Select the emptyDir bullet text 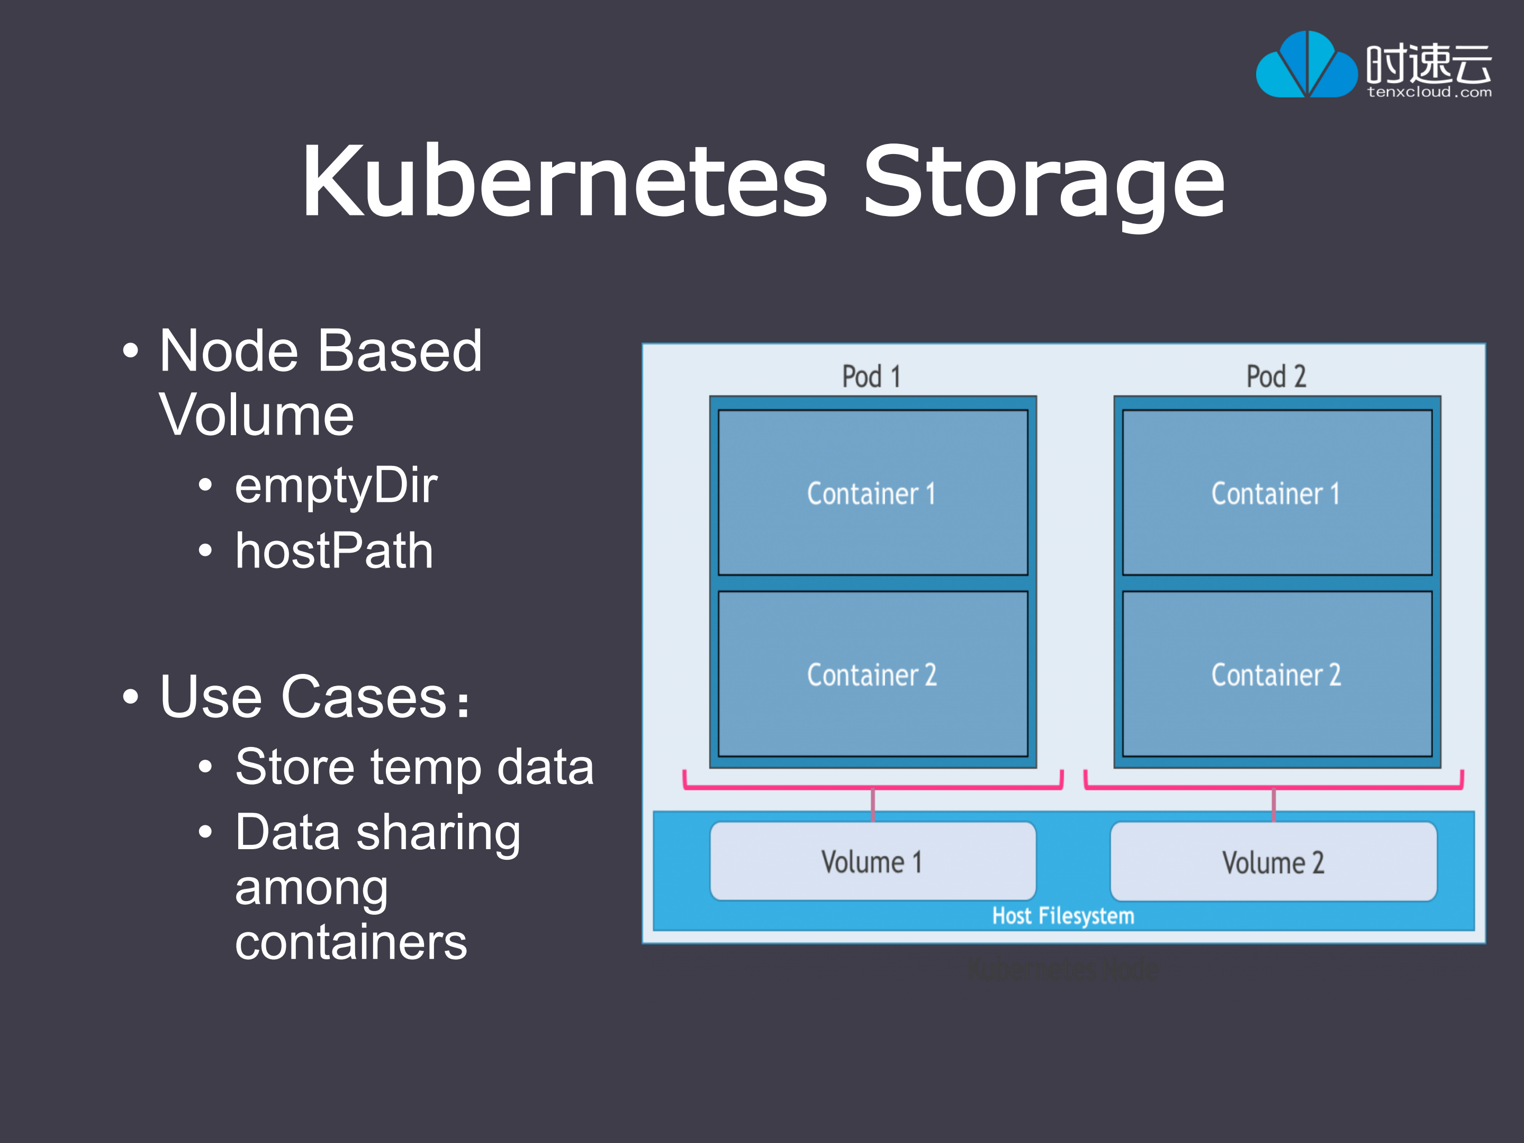tap(336, 485)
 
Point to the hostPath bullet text tap(333, 551)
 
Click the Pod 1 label tap(871, 377)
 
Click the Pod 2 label tap(1276, 377)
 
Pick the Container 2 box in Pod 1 tap(872, 674)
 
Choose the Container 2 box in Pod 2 tap(1277, 674)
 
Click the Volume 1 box tap(872, 862)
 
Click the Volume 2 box tap(1273, 862)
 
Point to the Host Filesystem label tap(1063, 916)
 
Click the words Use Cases tap(303, 697)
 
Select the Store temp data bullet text tap(414, 767)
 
